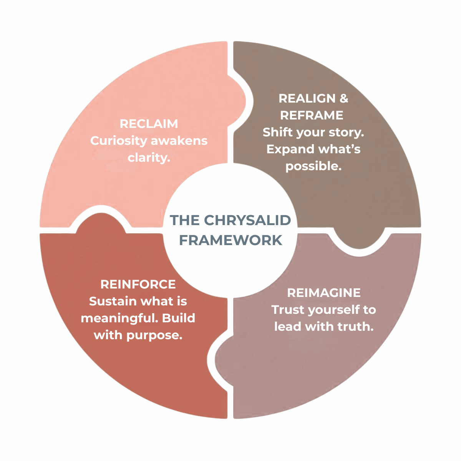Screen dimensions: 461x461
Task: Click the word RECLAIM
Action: [149, 124]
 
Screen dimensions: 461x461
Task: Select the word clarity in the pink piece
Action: [148, 158]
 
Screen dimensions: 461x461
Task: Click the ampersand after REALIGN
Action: [344, 98]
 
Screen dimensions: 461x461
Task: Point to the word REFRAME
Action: [312, 115]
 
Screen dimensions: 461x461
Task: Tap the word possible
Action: [313, 166]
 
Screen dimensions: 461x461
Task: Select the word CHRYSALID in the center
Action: [247, 220]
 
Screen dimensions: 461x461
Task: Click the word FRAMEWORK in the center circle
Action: [230, 240]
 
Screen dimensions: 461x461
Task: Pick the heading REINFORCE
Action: [138, 284]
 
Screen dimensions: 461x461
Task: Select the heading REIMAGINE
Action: [324, 293]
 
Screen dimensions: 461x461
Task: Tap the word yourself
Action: [333, 310]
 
